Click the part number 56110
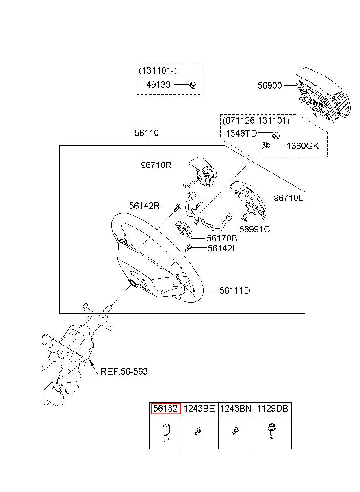[147, 133]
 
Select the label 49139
[158, 85]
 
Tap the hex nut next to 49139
[193, 85]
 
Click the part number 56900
[269, 85]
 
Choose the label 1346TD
[241, 133]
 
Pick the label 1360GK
[303, 146]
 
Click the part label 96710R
[156, 165]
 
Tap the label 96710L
[288, 198]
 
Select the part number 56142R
[144, 206]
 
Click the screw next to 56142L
[189, 248]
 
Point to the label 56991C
[255, 229]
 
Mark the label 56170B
[222, 238]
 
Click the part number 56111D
[235, 290]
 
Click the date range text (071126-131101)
[256, 121]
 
